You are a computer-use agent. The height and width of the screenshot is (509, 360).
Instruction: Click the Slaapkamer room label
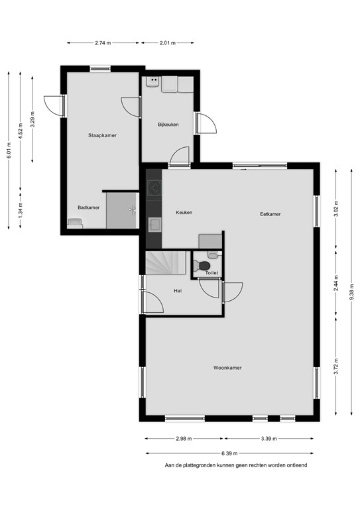tap(102, 135)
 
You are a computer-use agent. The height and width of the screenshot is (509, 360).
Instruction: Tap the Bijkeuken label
tap(168, 125)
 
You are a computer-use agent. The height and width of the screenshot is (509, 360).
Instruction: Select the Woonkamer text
tap(227, 368)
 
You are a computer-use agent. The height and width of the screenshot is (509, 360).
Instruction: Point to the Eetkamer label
tap(270, 214)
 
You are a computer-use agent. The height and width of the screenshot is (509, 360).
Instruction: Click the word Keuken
tap(184, 212)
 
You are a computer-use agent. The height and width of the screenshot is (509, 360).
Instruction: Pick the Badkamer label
tap(89, 207)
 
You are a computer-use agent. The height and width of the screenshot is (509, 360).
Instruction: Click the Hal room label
tap(178, 291)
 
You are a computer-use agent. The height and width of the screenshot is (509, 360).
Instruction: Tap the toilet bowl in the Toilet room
tap(202, 266)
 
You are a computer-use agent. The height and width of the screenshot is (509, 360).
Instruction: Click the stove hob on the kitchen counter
tap(154, 189)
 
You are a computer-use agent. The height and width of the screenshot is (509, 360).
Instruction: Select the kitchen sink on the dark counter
tap(155, 225)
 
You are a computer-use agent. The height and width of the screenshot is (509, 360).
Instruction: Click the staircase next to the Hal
tap(166, 262)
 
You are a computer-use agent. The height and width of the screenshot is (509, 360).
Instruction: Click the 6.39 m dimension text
tap(229, 453)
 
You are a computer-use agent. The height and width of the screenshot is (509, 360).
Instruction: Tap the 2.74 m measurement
tap(103, 43)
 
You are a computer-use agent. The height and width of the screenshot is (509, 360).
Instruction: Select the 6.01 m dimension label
tap(9, 150)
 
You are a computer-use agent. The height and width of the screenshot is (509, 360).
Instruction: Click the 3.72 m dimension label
tap(336, 366)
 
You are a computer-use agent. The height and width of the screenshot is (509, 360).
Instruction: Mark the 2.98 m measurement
tap(184, 439)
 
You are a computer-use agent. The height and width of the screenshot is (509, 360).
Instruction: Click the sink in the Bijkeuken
tap(152, 81)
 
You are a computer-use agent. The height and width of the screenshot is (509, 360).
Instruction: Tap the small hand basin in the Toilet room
tap(213, 254)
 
